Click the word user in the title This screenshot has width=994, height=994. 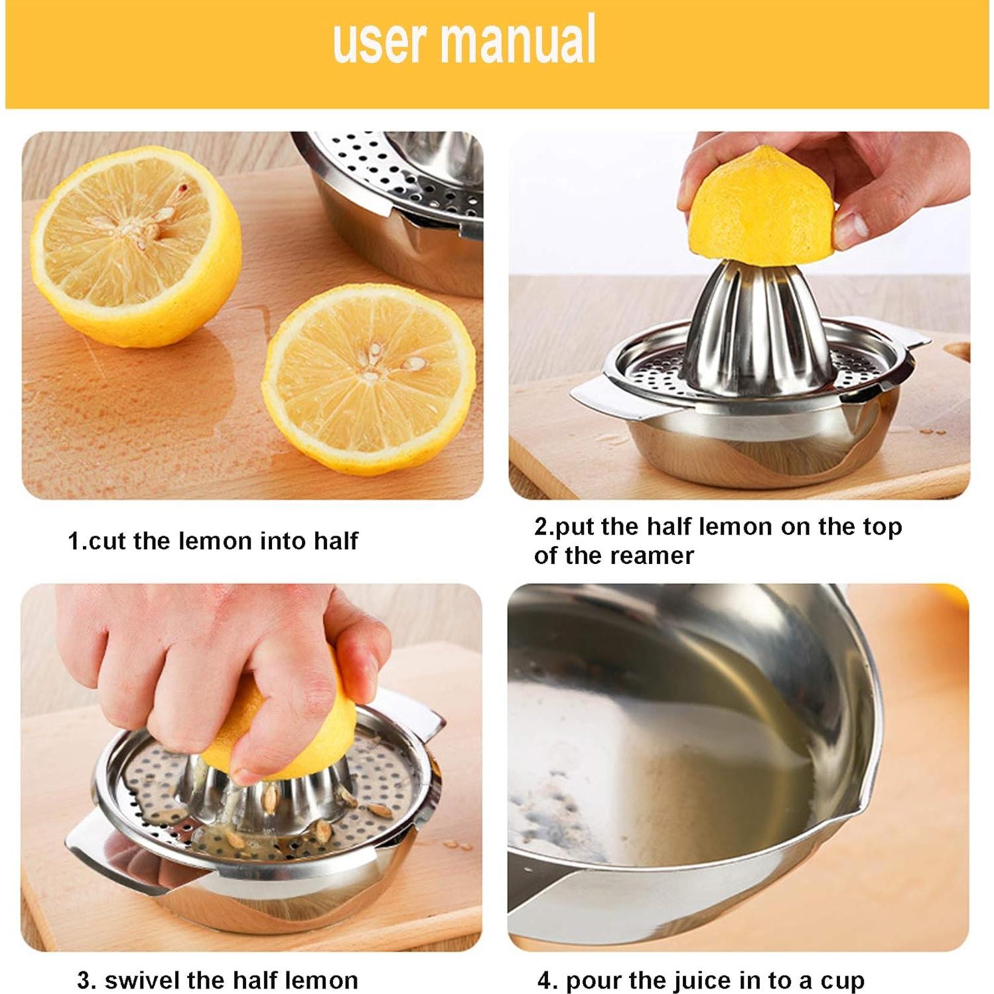tap(379, 41)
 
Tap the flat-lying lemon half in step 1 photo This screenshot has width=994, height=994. tap(369, 378)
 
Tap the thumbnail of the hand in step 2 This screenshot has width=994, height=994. tap(852, 226)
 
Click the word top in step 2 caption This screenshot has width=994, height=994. tap(882, 527)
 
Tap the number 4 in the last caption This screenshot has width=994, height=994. tap(545, 980)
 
